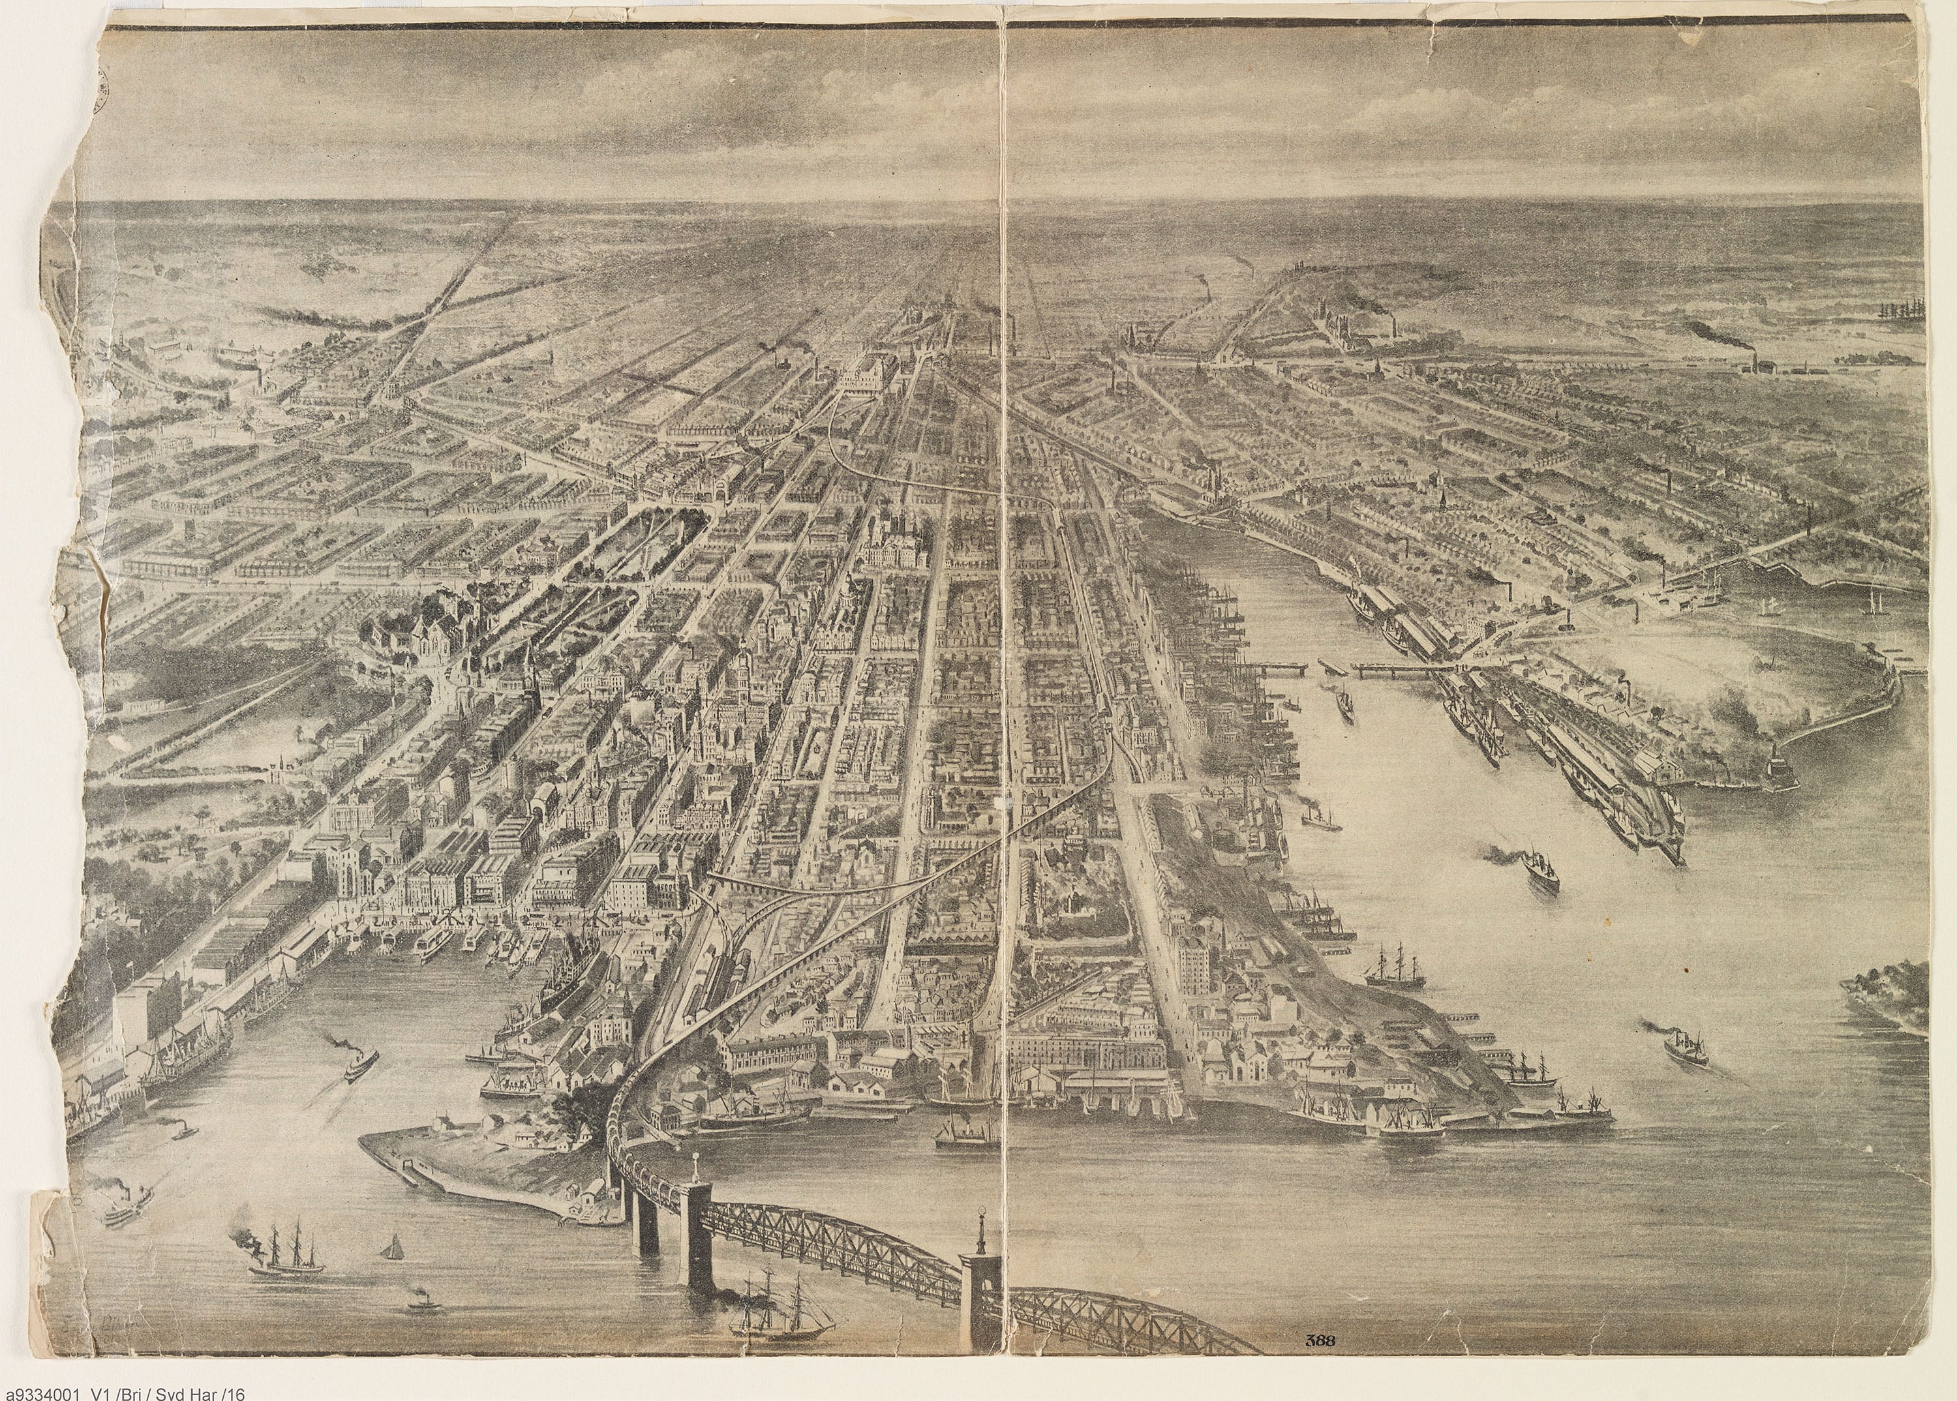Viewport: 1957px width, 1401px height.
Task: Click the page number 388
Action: [1320, 1340]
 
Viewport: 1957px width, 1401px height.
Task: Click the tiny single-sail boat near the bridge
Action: [393, 1246]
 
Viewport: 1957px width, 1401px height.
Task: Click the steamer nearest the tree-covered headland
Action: [1678, 1047]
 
